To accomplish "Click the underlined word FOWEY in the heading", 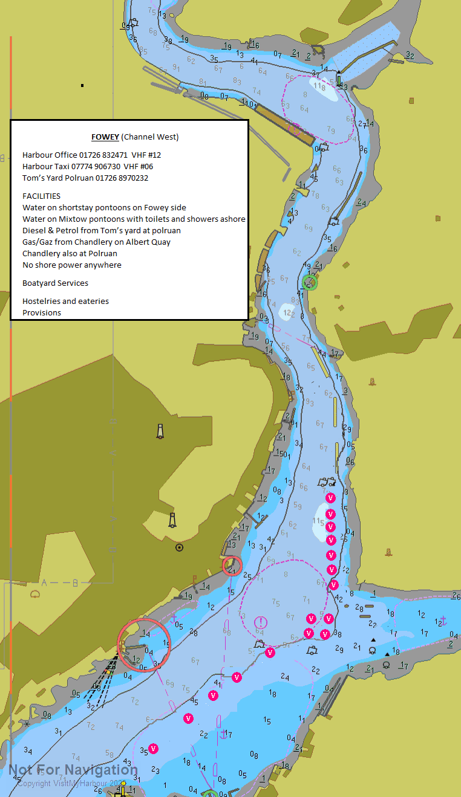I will point(105,137).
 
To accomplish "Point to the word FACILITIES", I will point(41,196).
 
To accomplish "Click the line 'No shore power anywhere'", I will point(71,265).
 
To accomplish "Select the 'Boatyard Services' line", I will point(55,283).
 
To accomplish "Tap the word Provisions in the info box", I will point(42,312).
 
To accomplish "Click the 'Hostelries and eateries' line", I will point(65,301).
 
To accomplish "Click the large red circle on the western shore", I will point(144,645).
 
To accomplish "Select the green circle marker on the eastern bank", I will point(310,282).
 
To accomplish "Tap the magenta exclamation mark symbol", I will point(261,622).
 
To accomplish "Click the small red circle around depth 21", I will point(232,566).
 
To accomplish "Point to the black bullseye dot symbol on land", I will point(179,547).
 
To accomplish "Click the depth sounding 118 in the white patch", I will point(321,86).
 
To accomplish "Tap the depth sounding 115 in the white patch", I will point(319,521).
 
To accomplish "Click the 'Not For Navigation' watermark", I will point(73,770).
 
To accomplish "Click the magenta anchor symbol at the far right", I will point(442,620).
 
